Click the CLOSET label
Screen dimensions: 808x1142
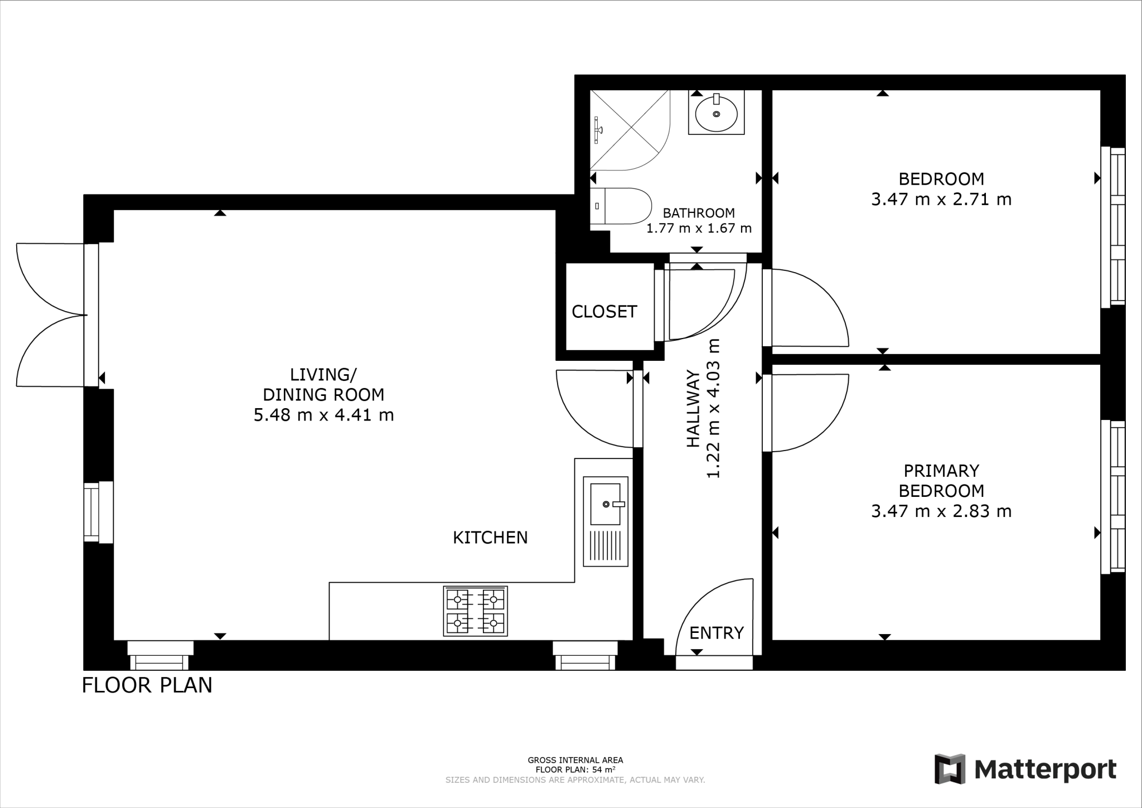pyautogui.click(x=604, y=312)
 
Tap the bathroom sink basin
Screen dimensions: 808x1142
pyautogui.click(x=716, y=114)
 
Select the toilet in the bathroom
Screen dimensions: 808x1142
pyautogui.click(x=621, y=206)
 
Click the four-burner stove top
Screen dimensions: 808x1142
pyautogui.click(x=476, y=611)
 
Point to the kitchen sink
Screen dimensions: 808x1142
pyautogui.click(x=606, y=505)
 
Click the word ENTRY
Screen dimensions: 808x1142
pyautogui.click(x=717, y=633)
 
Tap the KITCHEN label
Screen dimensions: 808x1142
pyautogui.click(x=490, y=538)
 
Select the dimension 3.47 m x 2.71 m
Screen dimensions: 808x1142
pyautogui.click(x=941, y=200)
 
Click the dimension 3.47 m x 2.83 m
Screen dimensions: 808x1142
pyautogui.click(x=941, y=511)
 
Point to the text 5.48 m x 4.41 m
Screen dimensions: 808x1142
pyautogui.click(x=324, y=415)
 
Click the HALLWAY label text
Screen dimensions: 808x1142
pyautogui.click(x=693, y=408)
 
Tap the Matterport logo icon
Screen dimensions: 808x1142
pyautogui.click(x=950, y=769)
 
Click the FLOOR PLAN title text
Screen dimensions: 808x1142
pyautogui.click(x=147, y=685)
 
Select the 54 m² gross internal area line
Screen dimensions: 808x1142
pyautogui.click(x=575, y=770)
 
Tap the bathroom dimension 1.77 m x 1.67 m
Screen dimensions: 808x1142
pyautogui.click(x=699, y=229)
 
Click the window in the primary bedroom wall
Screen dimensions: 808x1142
pyautogui.click(x=1112, y=496)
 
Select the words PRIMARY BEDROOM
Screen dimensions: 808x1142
pyautogui.click(x=941, y=481)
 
